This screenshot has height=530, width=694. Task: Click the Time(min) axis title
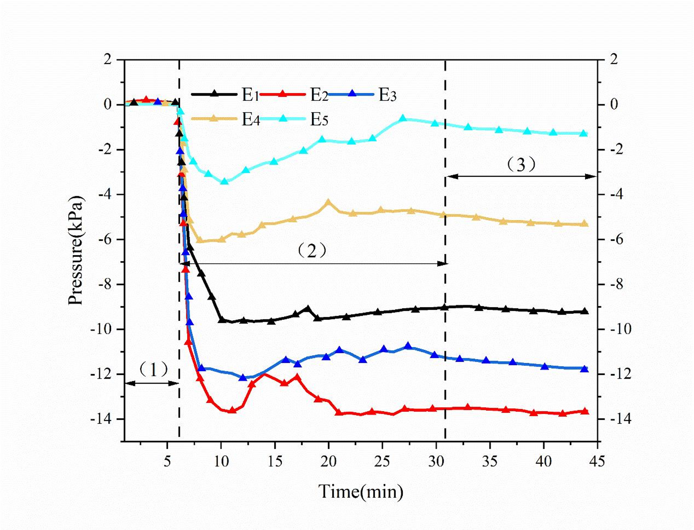(360, 491)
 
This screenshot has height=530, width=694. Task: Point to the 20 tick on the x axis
(328, 461)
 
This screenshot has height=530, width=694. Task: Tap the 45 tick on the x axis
(597, 461)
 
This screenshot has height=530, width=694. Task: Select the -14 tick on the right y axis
(620, 419)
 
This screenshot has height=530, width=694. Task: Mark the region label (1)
(153, 369)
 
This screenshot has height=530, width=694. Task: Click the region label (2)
(312, 250)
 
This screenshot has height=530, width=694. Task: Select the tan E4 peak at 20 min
(328, 202)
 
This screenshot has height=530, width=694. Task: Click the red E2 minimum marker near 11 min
(232, 410)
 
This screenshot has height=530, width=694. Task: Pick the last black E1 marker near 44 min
(584, 311)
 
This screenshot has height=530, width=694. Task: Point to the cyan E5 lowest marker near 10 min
(224, 181)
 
